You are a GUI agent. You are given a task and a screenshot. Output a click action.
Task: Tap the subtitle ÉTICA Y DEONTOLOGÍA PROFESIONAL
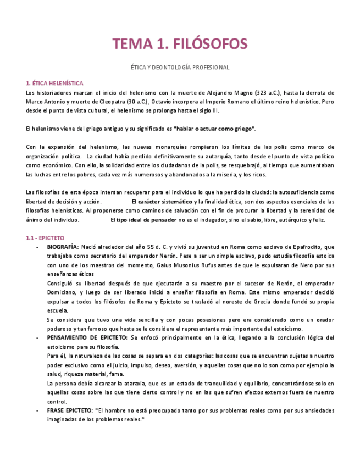click(180, 68)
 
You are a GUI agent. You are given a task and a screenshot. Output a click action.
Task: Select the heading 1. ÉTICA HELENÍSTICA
click(55, 83)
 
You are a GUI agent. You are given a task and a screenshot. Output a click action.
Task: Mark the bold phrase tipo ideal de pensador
click(147, 219)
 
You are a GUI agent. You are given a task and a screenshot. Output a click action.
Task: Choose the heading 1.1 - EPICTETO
click(45, 238)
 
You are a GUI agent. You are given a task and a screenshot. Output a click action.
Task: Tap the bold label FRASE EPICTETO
click(69, 410)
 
